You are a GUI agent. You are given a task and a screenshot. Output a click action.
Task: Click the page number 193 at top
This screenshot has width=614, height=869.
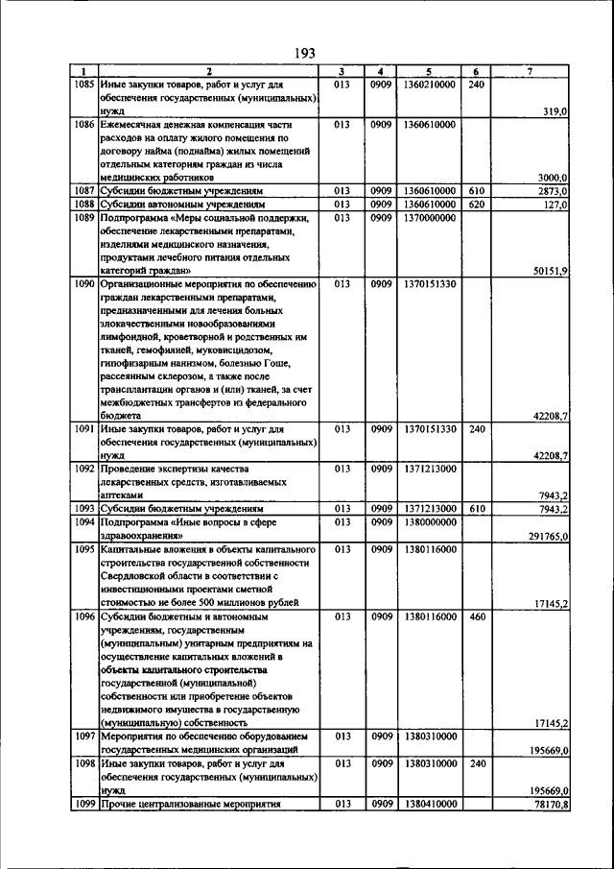(x=305, y=52)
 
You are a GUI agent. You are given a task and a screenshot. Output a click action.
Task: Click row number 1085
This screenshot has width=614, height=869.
(x=84, y=84)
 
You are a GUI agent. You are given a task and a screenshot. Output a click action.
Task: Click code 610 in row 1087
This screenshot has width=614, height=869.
(x=477, y=191)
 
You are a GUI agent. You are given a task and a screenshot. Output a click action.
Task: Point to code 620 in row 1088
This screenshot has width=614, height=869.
(x=477, y=205)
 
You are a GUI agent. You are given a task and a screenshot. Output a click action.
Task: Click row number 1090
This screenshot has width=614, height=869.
(x=84, y=284)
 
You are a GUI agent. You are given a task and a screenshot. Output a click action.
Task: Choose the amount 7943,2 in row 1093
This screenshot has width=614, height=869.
(x=554, y=509)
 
